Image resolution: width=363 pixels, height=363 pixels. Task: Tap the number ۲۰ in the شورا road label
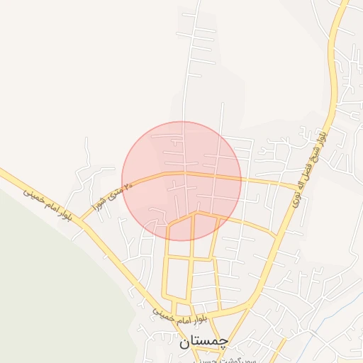pos(128,186)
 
